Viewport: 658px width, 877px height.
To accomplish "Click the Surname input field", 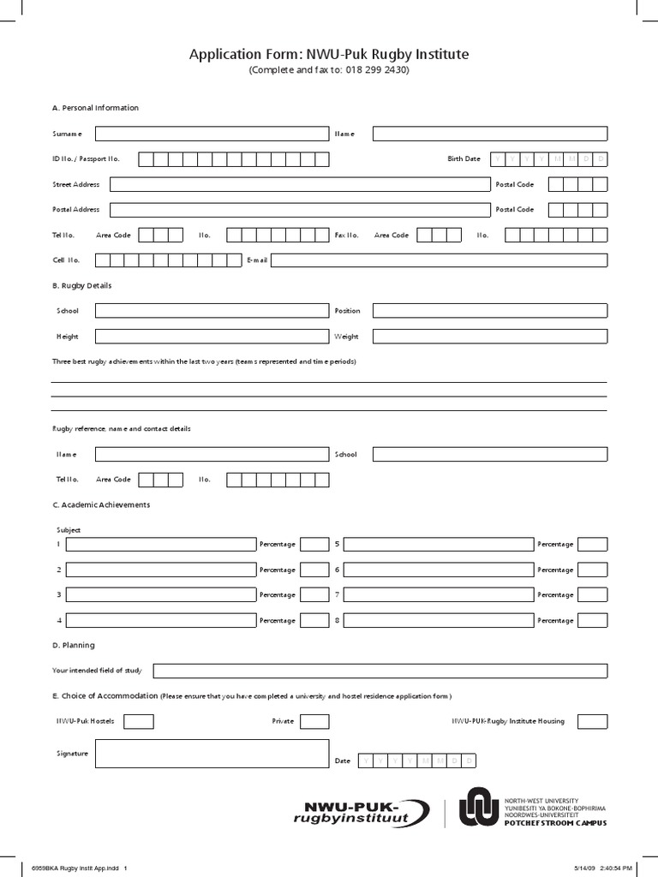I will pos(212,134).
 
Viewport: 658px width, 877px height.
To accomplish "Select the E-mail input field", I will pos(440,260).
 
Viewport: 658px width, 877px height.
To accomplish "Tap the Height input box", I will pos(212,337).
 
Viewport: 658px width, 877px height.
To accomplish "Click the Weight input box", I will pos(489,337).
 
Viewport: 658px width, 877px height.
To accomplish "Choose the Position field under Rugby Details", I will pos(489,311).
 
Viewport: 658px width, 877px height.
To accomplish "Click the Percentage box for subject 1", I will pos(314,544).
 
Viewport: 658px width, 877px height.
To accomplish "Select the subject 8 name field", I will pos(438,620).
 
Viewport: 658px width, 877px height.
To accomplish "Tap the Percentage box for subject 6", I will pos(592,570).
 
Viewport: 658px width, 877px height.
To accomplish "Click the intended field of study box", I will pos(380,671).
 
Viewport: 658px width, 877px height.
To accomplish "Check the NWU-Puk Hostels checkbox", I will pos(140,721).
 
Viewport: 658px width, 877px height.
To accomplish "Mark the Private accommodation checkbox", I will pos(314,721).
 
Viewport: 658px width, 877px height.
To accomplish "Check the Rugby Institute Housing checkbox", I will pos(592,721).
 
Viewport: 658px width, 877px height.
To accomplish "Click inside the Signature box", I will pos(212,754).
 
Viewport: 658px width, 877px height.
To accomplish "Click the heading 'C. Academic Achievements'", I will pos(101,505).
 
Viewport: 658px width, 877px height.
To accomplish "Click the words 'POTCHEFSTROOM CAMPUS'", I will pos(554,822).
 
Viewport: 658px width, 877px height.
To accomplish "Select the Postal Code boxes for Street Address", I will pos(577,184).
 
